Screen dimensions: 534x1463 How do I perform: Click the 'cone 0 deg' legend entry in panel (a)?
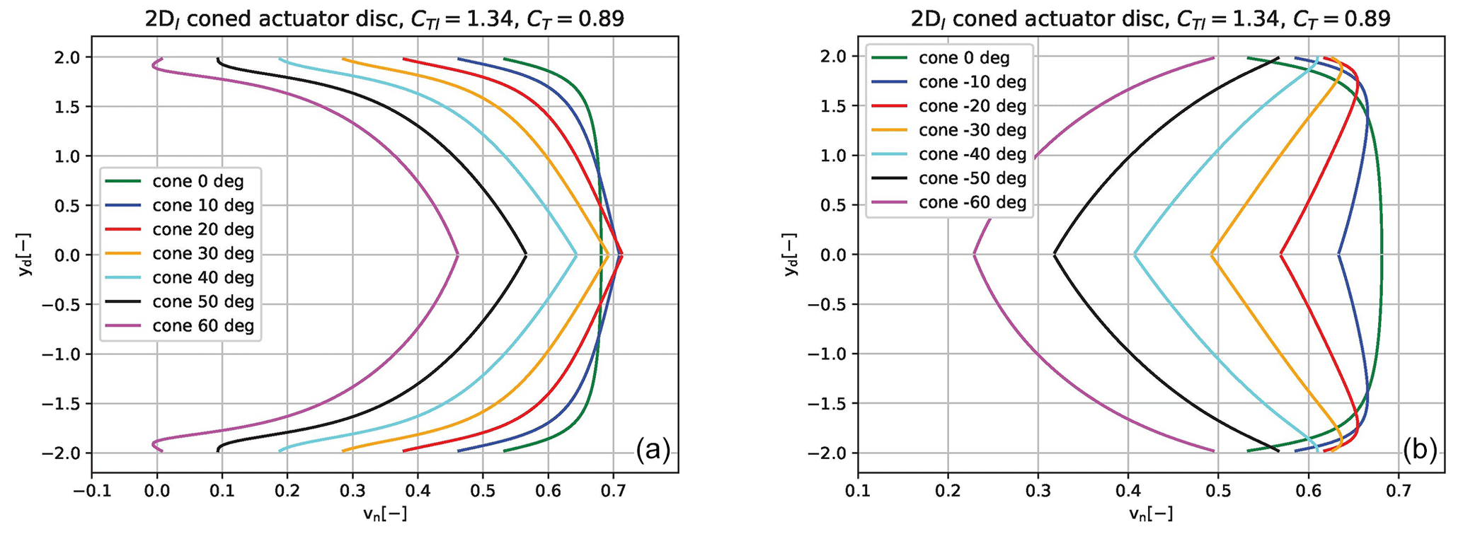(197, 182)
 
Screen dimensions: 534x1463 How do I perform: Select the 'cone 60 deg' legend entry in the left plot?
(202, 326)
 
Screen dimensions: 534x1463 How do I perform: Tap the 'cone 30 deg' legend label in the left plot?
(202, 254)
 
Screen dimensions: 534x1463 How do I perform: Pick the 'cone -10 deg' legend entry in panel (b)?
(973, 82)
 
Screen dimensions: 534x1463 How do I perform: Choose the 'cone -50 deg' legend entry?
(973, 179)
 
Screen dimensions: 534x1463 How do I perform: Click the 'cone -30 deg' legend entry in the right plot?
(973, 130)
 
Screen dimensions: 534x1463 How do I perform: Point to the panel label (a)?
(652, 448)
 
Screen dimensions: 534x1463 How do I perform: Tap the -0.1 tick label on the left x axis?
(91, 492)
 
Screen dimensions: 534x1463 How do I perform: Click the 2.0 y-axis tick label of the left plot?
(70, 57)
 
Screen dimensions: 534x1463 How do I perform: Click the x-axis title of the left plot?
(384, 514)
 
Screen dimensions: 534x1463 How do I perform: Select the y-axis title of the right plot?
(792, 255)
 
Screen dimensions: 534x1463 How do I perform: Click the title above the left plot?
(384, 19)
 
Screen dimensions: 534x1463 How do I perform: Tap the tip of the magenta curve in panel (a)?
(458, 255)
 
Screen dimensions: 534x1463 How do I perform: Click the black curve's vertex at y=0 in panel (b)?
(1055, 255)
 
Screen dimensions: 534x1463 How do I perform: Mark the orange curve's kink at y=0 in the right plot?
(1211, 255)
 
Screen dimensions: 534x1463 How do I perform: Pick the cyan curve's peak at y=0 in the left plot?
(577, 255)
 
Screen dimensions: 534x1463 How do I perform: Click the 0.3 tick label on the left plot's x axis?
(352, 492)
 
